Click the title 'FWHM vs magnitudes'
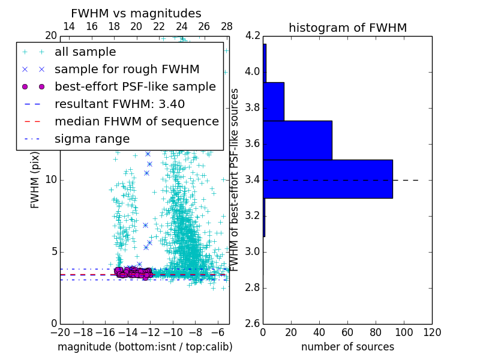pos(136,13)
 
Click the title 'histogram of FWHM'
pos(347,28)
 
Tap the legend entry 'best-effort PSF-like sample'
pos(135,87)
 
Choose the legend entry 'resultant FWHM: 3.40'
pos(119,104)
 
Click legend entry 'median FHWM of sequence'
pos(136,122)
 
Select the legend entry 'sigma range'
pos(92,139)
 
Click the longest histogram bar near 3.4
pos(328,179)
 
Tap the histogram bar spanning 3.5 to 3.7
pos(298,140)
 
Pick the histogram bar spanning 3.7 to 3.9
pos(274,101)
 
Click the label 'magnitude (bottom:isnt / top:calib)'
pos(145,347)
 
